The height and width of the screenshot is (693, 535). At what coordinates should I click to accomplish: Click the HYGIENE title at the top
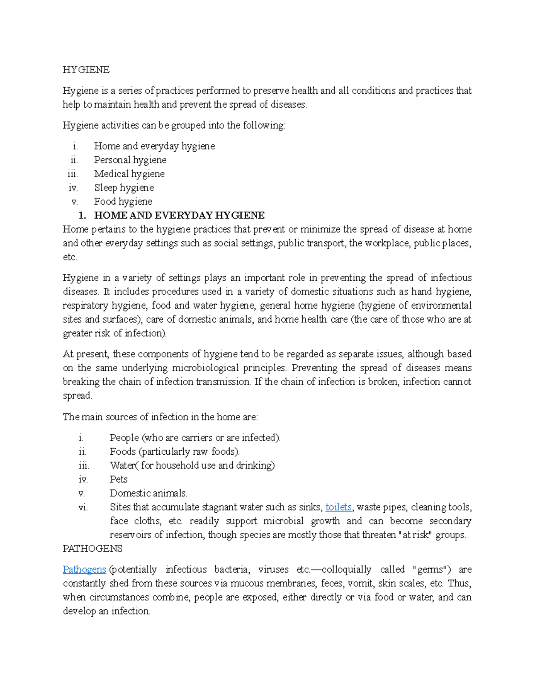pos(86,70)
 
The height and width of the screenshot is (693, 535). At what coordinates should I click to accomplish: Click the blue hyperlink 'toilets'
pos(338,507)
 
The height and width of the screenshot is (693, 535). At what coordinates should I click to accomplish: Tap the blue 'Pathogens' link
pos(84,569)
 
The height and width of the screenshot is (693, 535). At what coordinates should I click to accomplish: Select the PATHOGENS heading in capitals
pos(92,548)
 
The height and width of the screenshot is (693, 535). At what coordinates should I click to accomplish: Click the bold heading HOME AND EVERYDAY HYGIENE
pos(179,215)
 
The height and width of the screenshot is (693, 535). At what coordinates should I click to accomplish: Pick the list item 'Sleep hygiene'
pos(124,187)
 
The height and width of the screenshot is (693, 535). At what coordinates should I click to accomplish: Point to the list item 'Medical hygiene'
pos(129,174)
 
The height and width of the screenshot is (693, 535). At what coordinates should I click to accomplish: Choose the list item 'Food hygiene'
pos(123,201)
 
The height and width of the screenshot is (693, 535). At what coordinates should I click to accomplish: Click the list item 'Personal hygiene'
pos(130,160)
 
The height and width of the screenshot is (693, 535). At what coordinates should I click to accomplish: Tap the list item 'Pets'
pos(119,479)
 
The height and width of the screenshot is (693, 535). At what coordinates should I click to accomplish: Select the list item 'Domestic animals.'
pos(148,493)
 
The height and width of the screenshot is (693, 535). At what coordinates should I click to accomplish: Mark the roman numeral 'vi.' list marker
pos(83,507)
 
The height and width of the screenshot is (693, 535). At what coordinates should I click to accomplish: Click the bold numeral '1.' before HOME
pos(82,215)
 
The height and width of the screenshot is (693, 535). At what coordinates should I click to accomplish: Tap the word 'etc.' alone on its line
pos(70,257)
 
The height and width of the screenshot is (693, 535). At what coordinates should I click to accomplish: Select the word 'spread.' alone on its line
pos(77,395)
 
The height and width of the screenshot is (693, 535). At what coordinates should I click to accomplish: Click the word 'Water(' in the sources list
pos(124,465)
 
